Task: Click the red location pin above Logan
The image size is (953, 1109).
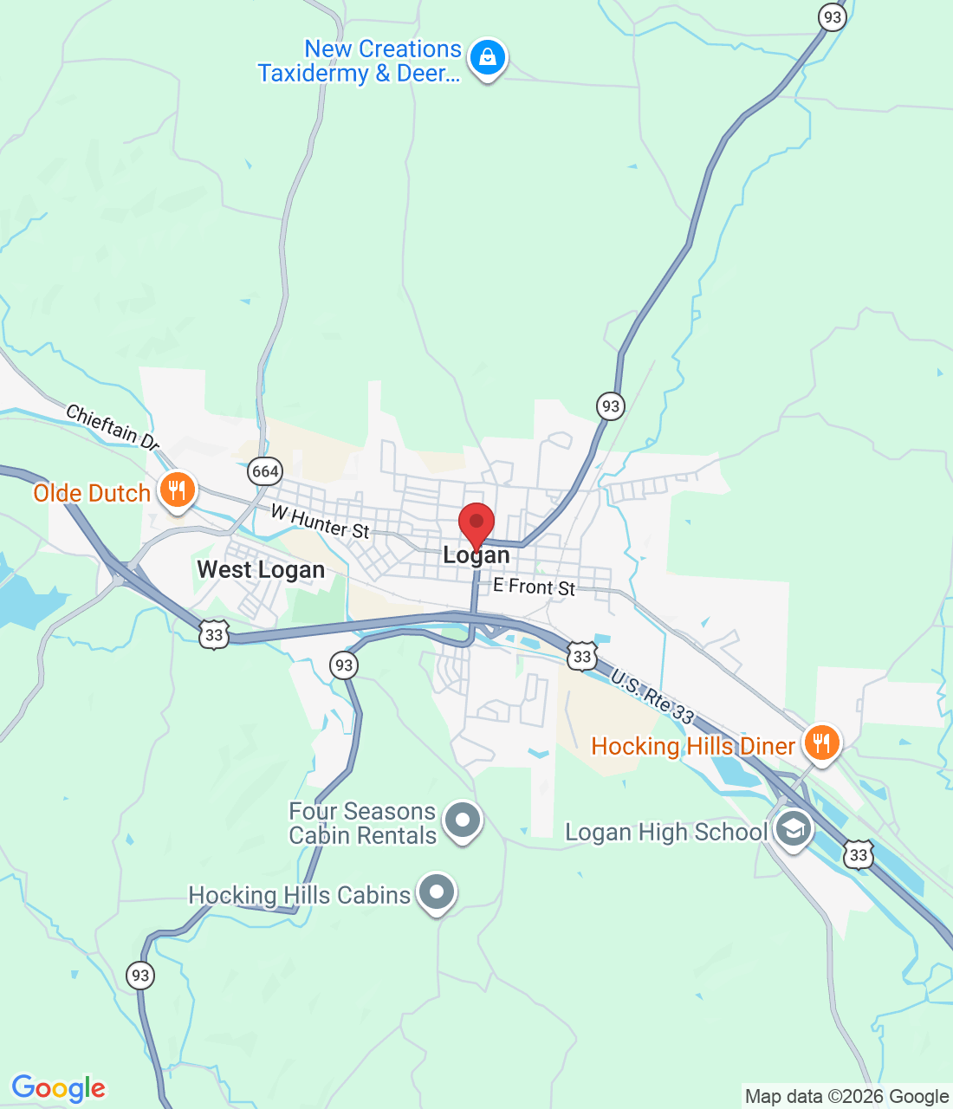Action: [476, 523]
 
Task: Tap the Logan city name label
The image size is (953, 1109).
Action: [476, 555]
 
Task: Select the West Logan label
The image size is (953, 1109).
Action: [261, 570]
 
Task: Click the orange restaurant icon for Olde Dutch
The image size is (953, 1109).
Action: [178, 491]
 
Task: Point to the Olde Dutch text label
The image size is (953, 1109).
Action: [92, 494]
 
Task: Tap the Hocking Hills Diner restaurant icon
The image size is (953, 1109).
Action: [820, 743]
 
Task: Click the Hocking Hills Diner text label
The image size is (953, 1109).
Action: [692, 746]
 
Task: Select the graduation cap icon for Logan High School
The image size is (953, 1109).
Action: [793, 829]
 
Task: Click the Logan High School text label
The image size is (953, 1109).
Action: [665, 833]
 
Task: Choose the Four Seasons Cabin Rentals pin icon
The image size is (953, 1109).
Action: [462, 820]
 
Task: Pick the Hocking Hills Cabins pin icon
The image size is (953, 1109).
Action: [437, 892]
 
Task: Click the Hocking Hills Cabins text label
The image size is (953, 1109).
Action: [299, 895]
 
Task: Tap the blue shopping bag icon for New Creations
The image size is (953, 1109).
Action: [487, 58]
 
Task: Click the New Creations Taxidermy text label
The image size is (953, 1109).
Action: [360, 62]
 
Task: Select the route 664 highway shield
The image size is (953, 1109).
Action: [264, 471]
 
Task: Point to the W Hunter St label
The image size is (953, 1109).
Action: [321, 522]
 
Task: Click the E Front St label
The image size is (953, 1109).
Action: [534, 587]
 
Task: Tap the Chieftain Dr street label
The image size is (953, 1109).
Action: [113, 427]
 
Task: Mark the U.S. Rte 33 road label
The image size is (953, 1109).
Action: [652, 697]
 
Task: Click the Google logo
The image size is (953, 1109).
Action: [59, 1088]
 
